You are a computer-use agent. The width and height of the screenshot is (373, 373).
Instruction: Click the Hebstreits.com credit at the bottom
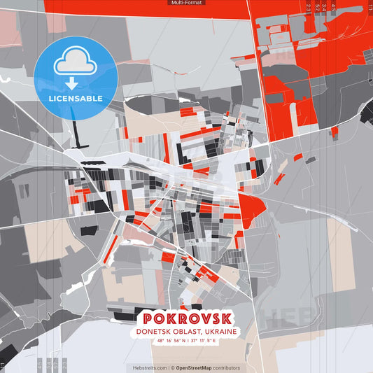pyautogui.click(x=150, y=367)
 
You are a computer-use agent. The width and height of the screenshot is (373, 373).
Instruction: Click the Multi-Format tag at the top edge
pyautogui.click(x=186, y=3)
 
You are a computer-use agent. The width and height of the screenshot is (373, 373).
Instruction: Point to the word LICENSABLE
pyautogui.click(x=75, y=98)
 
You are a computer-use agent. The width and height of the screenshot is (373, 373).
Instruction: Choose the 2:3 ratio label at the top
pyautogui.click(x=309, y=7)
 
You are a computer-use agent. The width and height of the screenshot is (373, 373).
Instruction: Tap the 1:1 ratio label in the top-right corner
pyautogui.click(x=369, y=7)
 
